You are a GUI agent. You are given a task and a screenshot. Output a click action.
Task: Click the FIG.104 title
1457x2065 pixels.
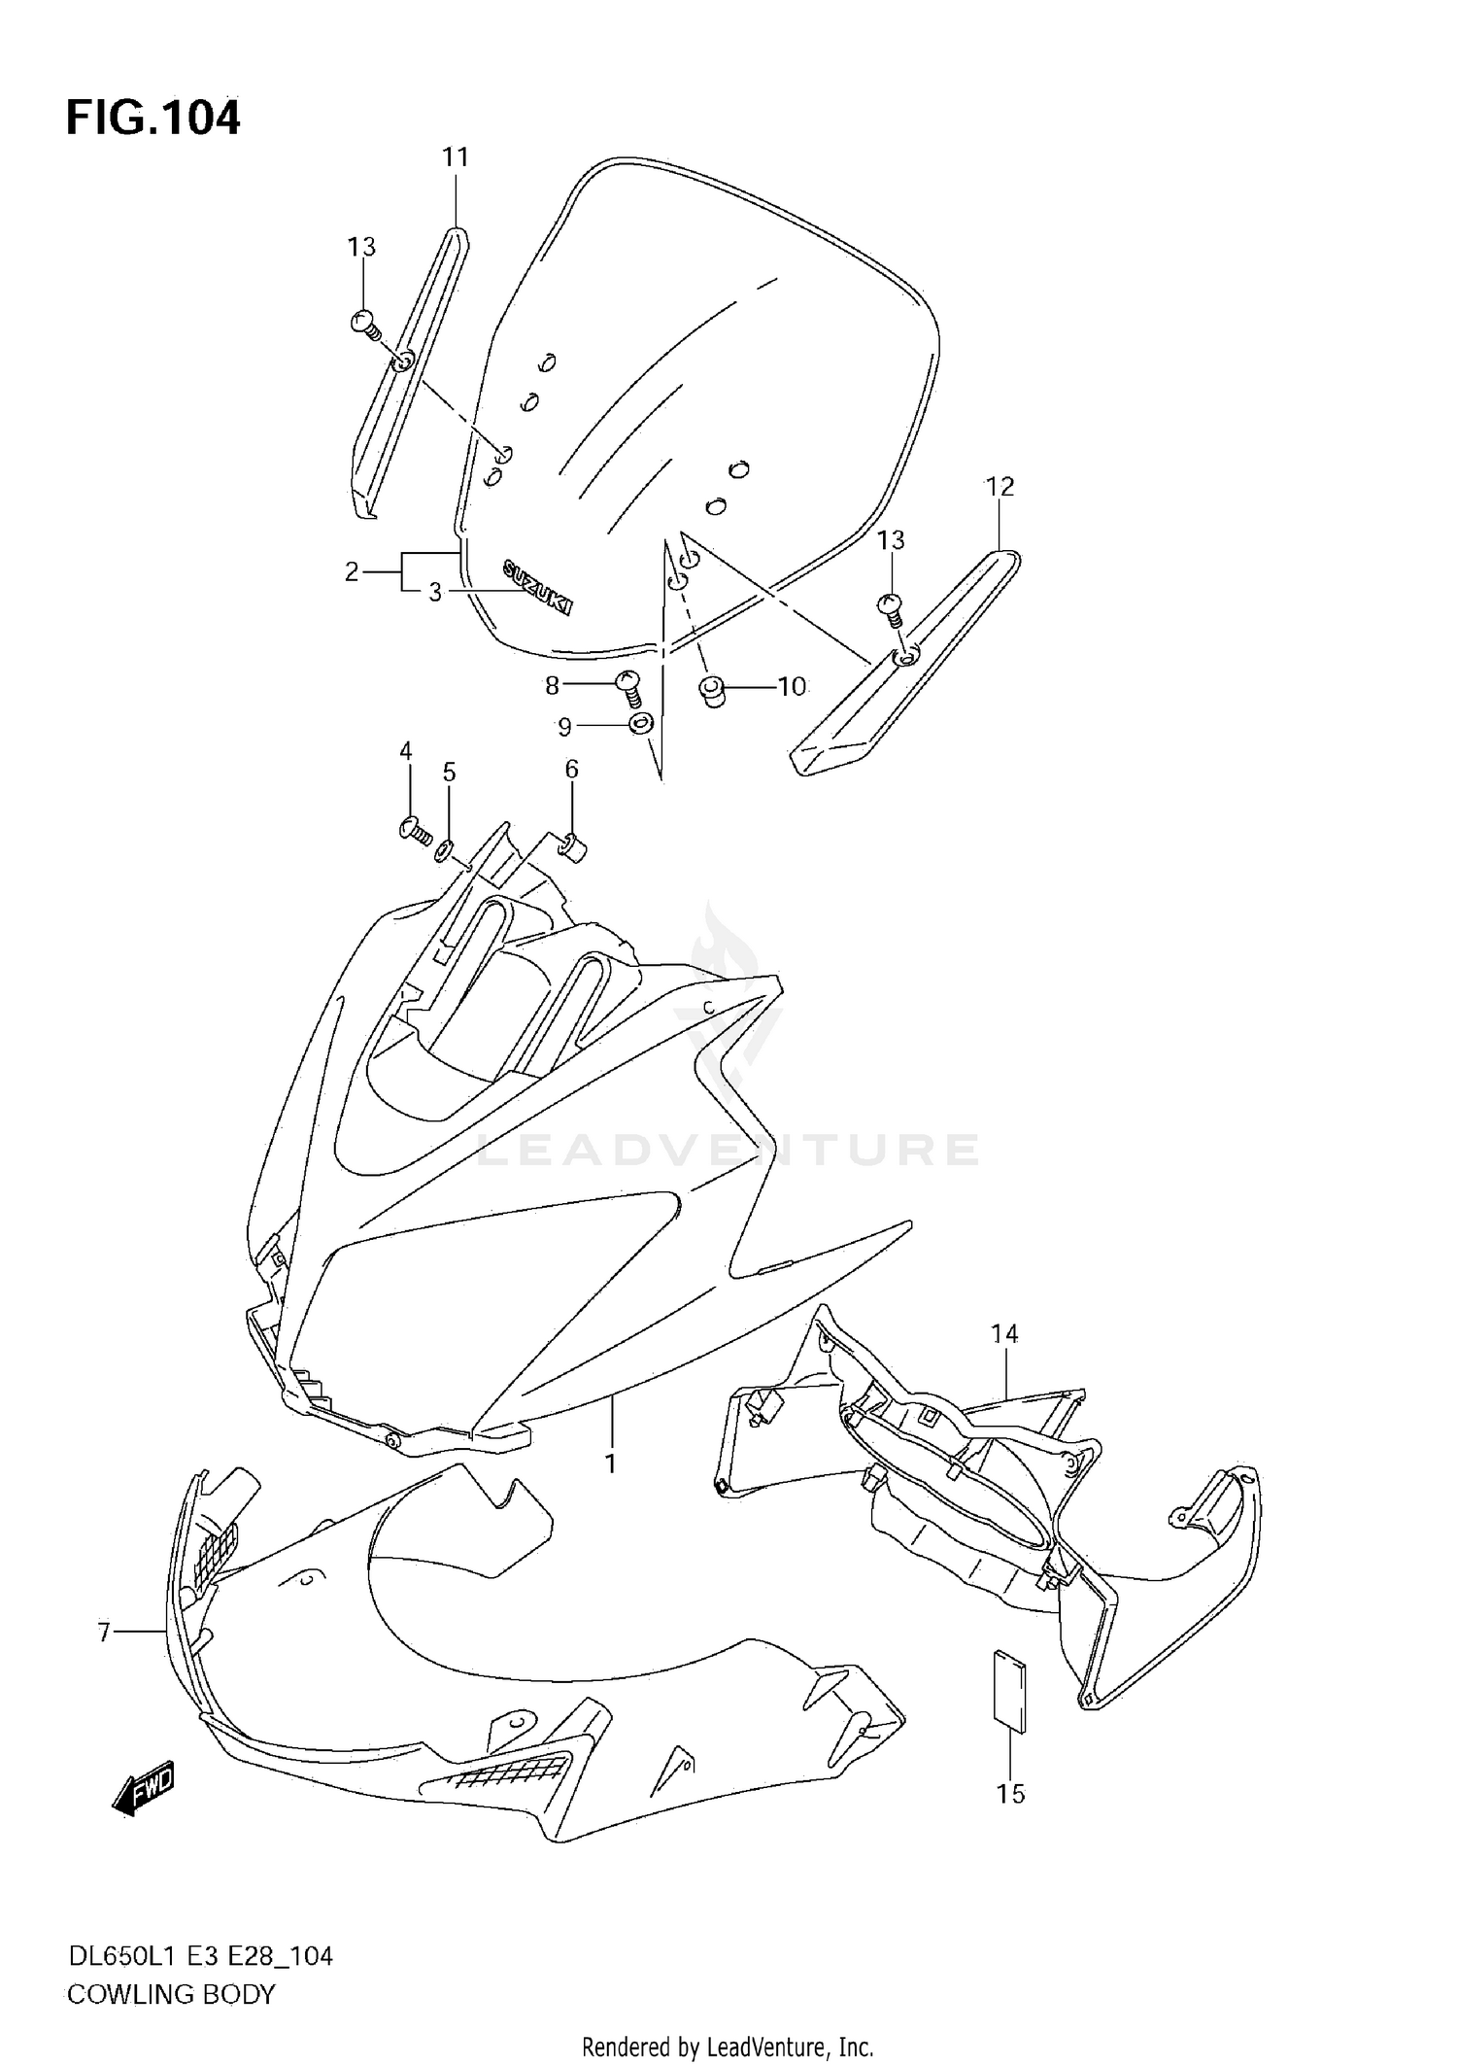[x=153, y=119]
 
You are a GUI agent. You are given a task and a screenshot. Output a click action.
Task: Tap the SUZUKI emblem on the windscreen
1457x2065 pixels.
[x=537, y=587]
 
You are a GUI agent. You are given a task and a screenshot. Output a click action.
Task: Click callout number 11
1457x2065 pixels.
[x=456, y=156]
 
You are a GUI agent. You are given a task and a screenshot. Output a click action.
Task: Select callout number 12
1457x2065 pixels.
[x=1000, y=487]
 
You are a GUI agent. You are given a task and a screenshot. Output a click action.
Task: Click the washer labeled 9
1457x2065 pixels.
[x=640, y=724]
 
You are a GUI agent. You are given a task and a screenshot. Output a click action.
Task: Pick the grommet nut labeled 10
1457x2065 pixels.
[x=714, y=693]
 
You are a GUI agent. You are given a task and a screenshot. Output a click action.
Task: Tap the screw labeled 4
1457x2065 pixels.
[x=416, y=829]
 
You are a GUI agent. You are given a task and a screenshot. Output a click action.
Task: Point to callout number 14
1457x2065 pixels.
[x=1004, y=1335]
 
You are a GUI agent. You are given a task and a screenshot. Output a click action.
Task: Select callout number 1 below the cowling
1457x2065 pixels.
[x=611, y=1463]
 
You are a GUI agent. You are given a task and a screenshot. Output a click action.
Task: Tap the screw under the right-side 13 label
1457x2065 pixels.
[x=890, y=607]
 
